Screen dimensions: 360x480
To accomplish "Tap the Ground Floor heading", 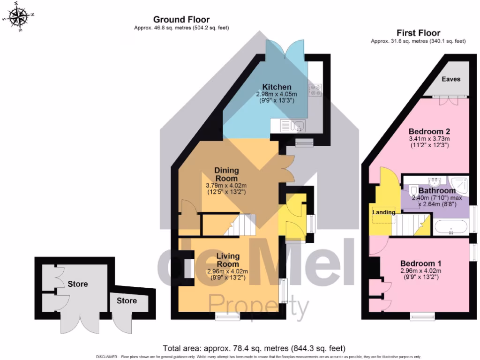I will pos(181,19).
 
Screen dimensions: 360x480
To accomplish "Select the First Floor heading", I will pos(418,33).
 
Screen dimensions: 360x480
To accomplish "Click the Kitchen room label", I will pos(277,87).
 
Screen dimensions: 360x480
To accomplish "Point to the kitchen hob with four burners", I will pos(314,90).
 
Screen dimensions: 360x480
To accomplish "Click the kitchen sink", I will pos(292,125).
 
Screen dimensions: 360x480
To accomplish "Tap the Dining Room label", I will pos(226,174).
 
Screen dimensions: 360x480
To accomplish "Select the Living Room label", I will pos(228,260).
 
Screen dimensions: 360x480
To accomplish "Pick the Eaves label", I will pos(451,79).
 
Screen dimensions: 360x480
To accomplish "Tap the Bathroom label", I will pos(437,191).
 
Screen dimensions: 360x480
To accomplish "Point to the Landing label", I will pos(384,212).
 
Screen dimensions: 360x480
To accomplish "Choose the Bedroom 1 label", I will pos(420,263).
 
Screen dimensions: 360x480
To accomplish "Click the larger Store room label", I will pos(78,284).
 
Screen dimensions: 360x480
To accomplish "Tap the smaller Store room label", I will pos(127,300).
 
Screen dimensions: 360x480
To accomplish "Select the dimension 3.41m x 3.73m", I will pos(429,139).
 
